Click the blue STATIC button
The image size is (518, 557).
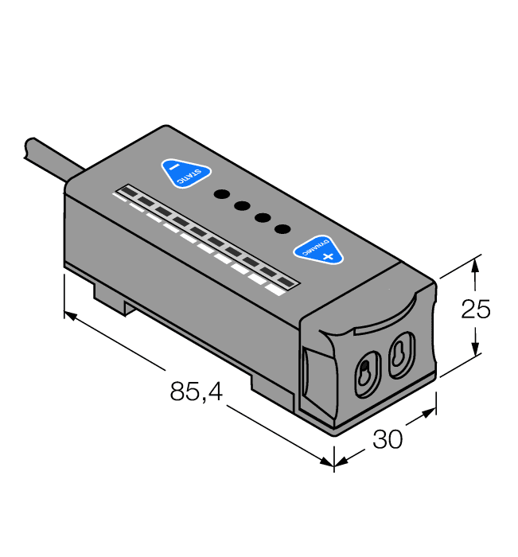[186, 173]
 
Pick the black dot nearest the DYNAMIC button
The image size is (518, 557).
[282, 229]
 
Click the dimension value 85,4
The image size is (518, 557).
[196, 391]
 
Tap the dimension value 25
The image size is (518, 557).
[477, 309]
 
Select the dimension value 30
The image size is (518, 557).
[388, 438]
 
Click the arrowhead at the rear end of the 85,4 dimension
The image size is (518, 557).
[70, 316]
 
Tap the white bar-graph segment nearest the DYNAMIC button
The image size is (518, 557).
[276, 291]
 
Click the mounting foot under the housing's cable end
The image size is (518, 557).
[111, 298]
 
